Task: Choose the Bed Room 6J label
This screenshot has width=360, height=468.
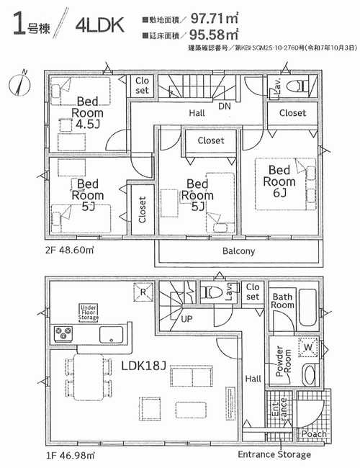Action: coord(282,181)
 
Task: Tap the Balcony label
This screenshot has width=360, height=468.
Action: coord(238,251)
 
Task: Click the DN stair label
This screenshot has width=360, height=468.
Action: coord(224,105)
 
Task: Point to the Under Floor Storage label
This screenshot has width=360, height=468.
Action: coord(89,312)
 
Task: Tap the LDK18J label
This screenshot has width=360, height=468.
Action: coord(144,365)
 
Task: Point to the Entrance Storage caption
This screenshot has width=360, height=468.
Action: coord(275,455)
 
